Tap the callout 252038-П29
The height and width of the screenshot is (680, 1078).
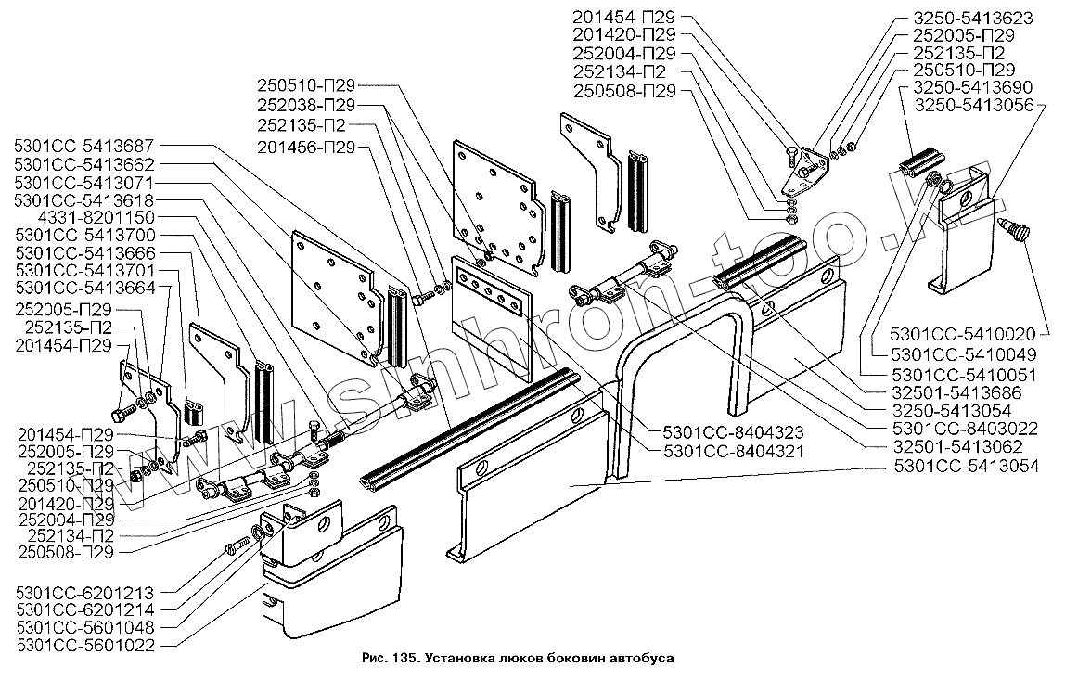click(307, 105)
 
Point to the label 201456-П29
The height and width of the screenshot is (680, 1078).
click(307, 147)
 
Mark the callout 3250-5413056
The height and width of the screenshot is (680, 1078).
click(974, 105)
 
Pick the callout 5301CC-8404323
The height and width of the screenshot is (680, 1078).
click(733, 431)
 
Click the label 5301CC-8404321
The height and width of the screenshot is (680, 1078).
click(733, 450)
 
